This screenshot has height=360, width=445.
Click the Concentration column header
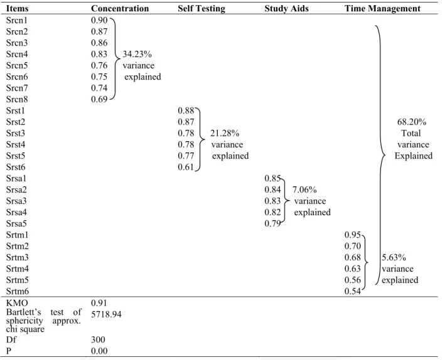(120, 9)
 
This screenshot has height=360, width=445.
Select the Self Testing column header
(201, 9)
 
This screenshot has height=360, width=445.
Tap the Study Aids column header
(286, 9)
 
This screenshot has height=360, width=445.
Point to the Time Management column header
(383, 9)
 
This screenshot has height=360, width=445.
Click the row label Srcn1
(17, 20)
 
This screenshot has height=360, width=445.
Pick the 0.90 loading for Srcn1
(99, 20)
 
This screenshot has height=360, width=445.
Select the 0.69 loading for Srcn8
(99, 99)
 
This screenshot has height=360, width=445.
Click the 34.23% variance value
(137, 54)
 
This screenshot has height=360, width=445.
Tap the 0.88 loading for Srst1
(186, 110)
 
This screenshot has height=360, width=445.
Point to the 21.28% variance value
(225, 133)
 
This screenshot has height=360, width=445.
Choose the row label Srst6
(16, 167)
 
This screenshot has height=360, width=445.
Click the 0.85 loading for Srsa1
(272, 178)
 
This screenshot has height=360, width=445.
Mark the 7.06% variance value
(304, 189)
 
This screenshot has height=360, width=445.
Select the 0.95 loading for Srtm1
(353, 235)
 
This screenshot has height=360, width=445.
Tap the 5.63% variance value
(394, 257)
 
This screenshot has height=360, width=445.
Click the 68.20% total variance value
(412, 122)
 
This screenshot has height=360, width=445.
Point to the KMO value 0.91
(99, 303)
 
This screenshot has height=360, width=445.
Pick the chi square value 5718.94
(106, 314)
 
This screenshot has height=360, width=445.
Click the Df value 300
(98, 339)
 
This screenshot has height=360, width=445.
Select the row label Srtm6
(18, 292)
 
